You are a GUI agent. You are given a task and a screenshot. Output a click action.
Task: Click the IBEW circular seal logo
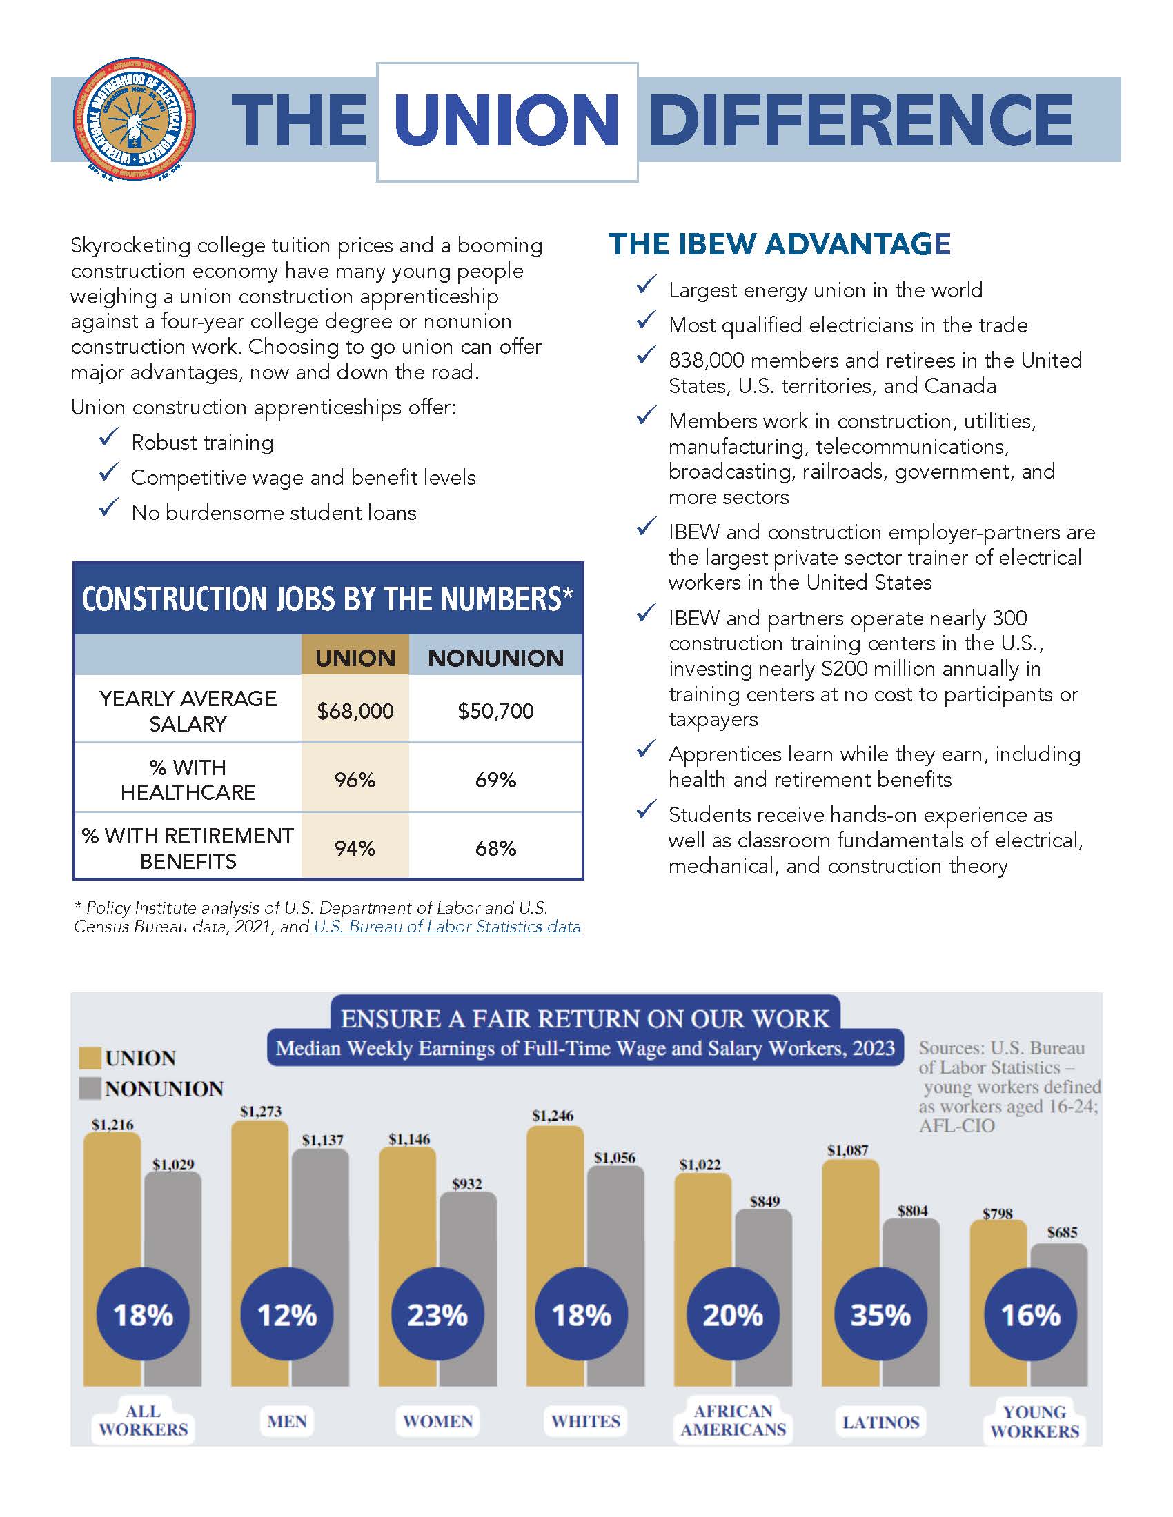(x=134, y=119)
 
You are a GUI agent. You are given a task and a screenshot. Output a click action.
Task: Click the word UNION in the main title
(x=506, y=121)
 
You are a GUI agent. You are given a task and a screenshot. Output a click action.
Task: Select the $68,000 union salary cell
(x=355, y=710)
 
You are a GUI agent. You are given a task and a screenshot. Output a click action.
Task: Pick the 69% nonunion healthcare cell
(x=495, y=780)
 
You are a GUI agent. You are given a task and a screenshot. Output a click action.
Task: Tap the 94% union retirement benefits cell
(x=355, y=848)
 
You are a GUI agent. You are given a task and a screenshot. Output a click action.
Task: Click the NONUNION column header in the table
(x=495, y=658)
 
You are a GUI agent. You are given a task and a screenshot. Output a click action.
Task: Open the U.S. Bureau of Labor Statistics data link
(x=447, y=927)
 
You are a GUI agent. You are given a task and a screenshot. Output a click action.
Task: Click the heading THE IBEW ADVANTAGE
(x=779, y=244)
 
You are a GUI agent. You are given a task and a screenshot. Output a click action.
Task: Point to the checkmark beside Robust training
(x=110, y=438)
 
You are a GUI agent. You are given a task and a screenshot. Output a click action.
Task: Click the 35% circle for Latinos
(x=880, y=1314)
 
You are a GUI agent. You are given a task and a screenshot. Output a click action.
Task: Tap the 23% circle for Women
(x=437, y=1314)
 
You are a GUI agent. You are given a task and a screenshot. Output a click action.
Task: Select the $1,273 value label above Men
(x=261, y=1112)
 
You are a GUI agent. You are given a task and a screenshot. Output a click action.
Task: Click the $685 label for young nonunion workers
(x=1062, y=1232)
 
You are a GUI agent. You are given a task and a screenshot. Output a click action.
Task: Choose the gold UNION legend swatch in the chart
(x=90, y=1058)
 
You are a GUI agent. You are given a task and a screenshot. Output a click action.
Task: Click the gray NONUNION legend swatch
(x=90, y=1088)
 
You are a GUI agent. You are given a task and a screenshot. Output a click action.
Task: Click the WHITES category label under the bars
(x=585, y=1421)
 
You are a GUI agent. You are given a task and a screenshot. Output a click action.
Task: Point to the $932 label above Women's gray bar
(x=467, y=1183)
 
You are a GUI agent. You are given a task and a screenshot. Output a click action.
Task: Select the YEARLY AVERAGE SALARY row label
(x=188, y=710)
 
